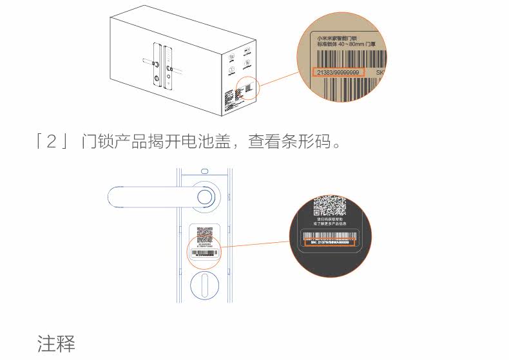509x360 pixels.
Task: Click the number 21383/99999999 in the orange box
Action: tap(338, 71)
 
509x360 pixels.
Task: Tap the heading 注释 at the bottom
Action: tap(56, 343)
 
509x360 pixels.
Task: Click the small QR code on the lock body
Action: tap(204, 234)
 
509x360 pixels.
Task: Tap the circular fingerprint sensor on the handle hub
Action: tap(204, 198)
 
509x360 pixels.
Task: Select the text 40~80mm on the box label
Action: tap(349, 46)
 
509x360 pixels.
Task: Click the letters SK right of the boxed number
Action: tap(380, 72)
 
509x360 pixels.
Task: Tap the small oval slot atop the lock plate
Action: tap(204, 171)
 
